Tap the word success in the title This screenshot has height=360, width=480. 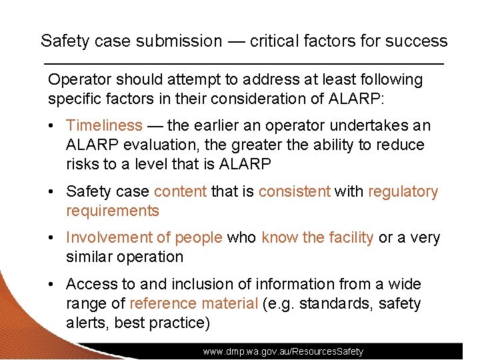(419, 41)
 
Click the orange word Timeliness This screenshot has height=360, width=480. (104, 125)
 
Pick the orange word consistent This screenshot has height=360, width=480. (294, 192)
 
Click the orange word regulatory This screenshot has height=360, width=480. (403, 192)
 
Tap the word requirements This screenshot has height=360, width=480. (112, 211)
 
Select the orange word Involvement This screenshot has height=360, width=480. (109, 238)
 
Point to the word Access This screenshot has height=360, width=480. (89, 285)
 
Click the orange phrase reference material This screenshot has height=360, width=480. (193, 304)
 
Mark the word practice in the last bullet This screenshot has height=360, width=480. (179, 323)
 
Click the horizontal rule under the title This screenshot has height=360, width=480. (243, 63)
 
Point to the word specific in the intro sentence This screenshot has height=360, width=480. (73, 99)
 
